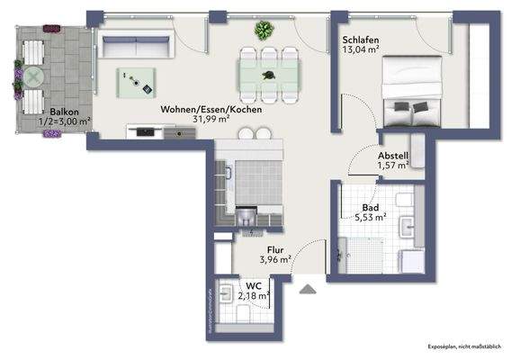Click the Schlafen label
(360, 40)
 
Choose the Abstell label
(393, 155)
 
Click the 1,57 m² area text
(393, 166)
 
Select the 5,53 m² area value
(369, 217)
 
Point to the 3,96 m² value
(275, 260)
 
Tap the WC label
(253, 286)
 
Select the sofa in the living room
(135, 42)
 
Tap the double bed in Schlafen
(412, 88)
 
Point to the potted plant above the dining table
(264, 31)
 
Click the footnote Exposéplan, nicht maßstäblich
(465, 346)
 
